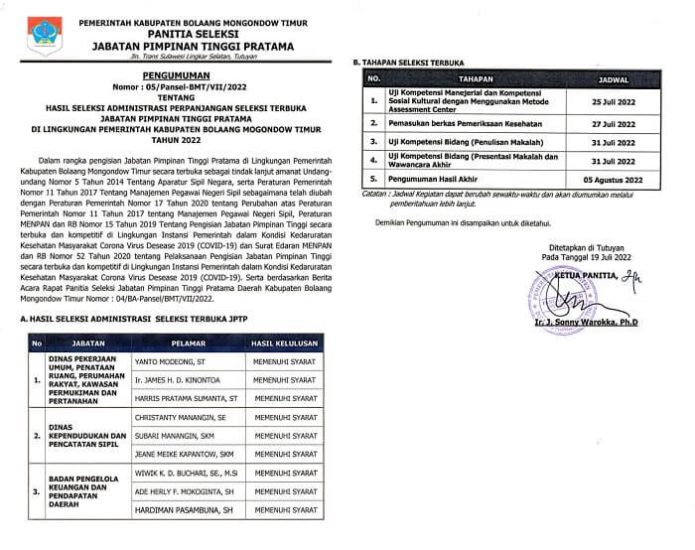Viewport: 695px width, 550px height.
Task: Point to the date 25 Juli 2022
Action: click(613, 101)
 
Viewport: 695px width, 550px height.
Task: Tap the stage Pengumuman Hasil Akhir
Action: click(438, 180)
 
